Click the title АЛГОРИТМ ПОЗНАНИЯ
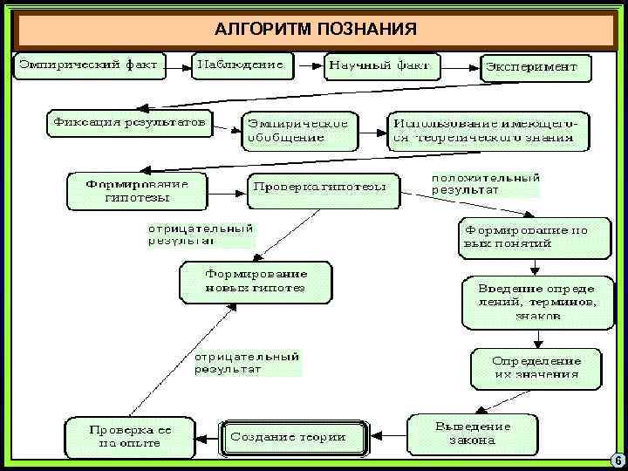pyautogui.click(x=315, y=30)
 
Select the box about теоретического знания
pyautogui.click(x=489, y=130)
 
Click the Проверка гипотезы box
pyautogui.click(x=323, y=189)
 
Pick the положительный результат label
pyautogui.click(x=485, y=183)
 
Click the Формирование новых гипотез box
pyautogui.click(x=256, y=282)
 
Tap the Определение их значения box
pyautogui.click(x=536, y=367)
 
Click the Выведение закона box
pyautogui.click(x=472, y=433)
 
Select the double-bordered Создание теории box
pyautogui.click(x=286, y=436)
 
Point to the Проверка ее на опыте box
pyautogui.click(x=131, y=437)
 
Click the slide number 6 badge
pyautogui.click(x=616, y=460)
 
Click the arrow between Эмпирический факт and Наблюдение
pyautogui.click(x=179, y=65)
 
